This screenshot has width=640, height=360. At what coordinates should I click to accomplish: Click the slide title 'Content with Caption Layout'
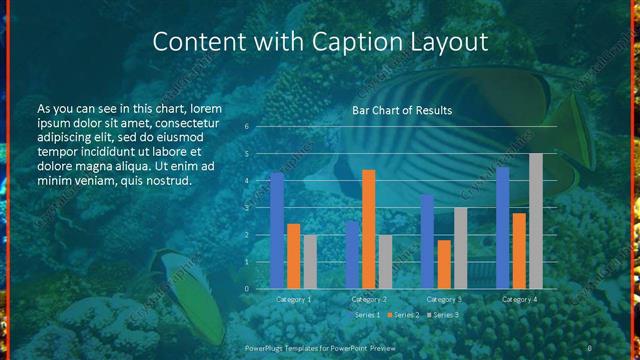pyautogui.click(x=320, y=42)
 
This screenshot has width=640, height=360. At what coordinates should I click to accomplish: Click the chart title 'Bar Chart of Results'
pyautogui.click(x=401, y=110)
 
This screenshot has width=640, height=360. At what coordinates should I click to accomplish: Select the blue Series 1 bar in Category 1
pyautogui.click(x=277, y=230)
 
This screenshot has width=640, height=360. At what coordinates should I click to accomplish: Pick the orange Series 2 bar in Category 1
pyautogui.click(x=293, y=256)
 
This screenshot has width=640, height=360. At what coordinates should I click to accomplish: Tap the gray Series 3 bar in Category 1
pyautogui.click(x=310, y=262)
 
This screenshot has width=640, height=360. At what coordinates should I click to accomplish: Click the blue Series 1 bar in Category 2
pyautogui.click(x=352, y=255)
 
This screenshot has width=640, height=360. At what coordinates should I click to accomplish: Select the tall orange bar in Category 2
pyautogui.click(x=369, y=229)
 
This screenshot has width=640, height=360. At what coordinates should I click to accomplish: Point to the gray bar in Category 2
pyautogui.click(x=385, y=262)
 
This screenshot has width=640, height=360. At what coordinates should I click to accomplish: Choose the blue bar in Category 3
pyautogui.click(x=427, y=241)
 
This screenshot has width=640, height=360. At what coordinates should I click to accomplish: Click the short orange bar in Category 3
pyautogui.click(x=444, y=264)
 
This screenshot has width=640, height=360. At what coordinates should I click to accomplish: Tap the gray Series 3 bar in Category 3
pyautogui.click(x=460, y=248)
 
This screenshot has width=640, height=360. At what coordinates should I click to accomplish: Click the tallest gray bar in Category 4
pyautogui.click(x=535, y=221)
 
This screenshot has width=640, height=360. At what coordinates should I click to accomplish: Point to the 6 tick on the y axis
pyautogui.click(x=246, y=127)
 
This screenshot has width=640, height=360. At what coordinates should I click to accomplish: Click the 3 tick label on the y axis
pyautogui.click(x=246, y=208)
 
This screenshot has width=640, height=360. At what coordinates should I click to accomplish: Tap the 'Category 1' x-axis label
pyautogui.click(x=293, y=299)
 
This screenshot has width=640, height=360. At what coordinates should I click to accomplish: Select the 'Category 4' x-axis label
pyautogui.click(x=518, y=299)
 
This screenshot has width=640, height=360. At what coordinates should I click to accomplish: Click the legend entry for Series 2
pyautogui.click(x=404, y=315)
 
